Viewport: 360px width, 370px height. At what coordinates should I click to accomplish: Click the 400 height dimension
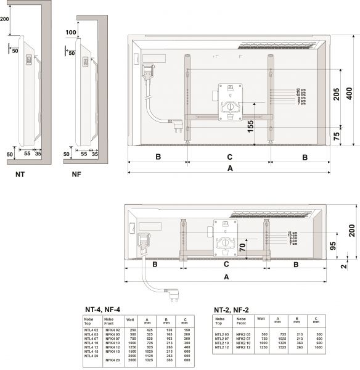(x=350, y=94)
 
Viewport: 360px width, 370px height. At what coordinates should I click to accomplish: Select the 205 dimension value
(x=336, y=94)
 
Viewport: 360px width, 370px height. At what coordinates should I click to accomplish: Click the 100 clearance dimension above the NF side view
(x=71, y=32)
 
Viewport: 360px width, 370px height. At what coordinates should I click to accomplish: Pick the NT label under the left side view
(x=20, y=175)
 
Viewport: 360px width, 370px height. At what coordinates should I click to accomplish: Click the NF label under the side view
(x=76, y=175)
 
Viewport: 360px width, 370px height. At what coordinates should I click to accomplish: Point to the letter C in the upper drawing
(x=229, y=157)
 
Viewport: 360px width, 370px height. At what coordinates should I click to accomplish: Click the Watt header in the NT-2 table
(x=261, y=319)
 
